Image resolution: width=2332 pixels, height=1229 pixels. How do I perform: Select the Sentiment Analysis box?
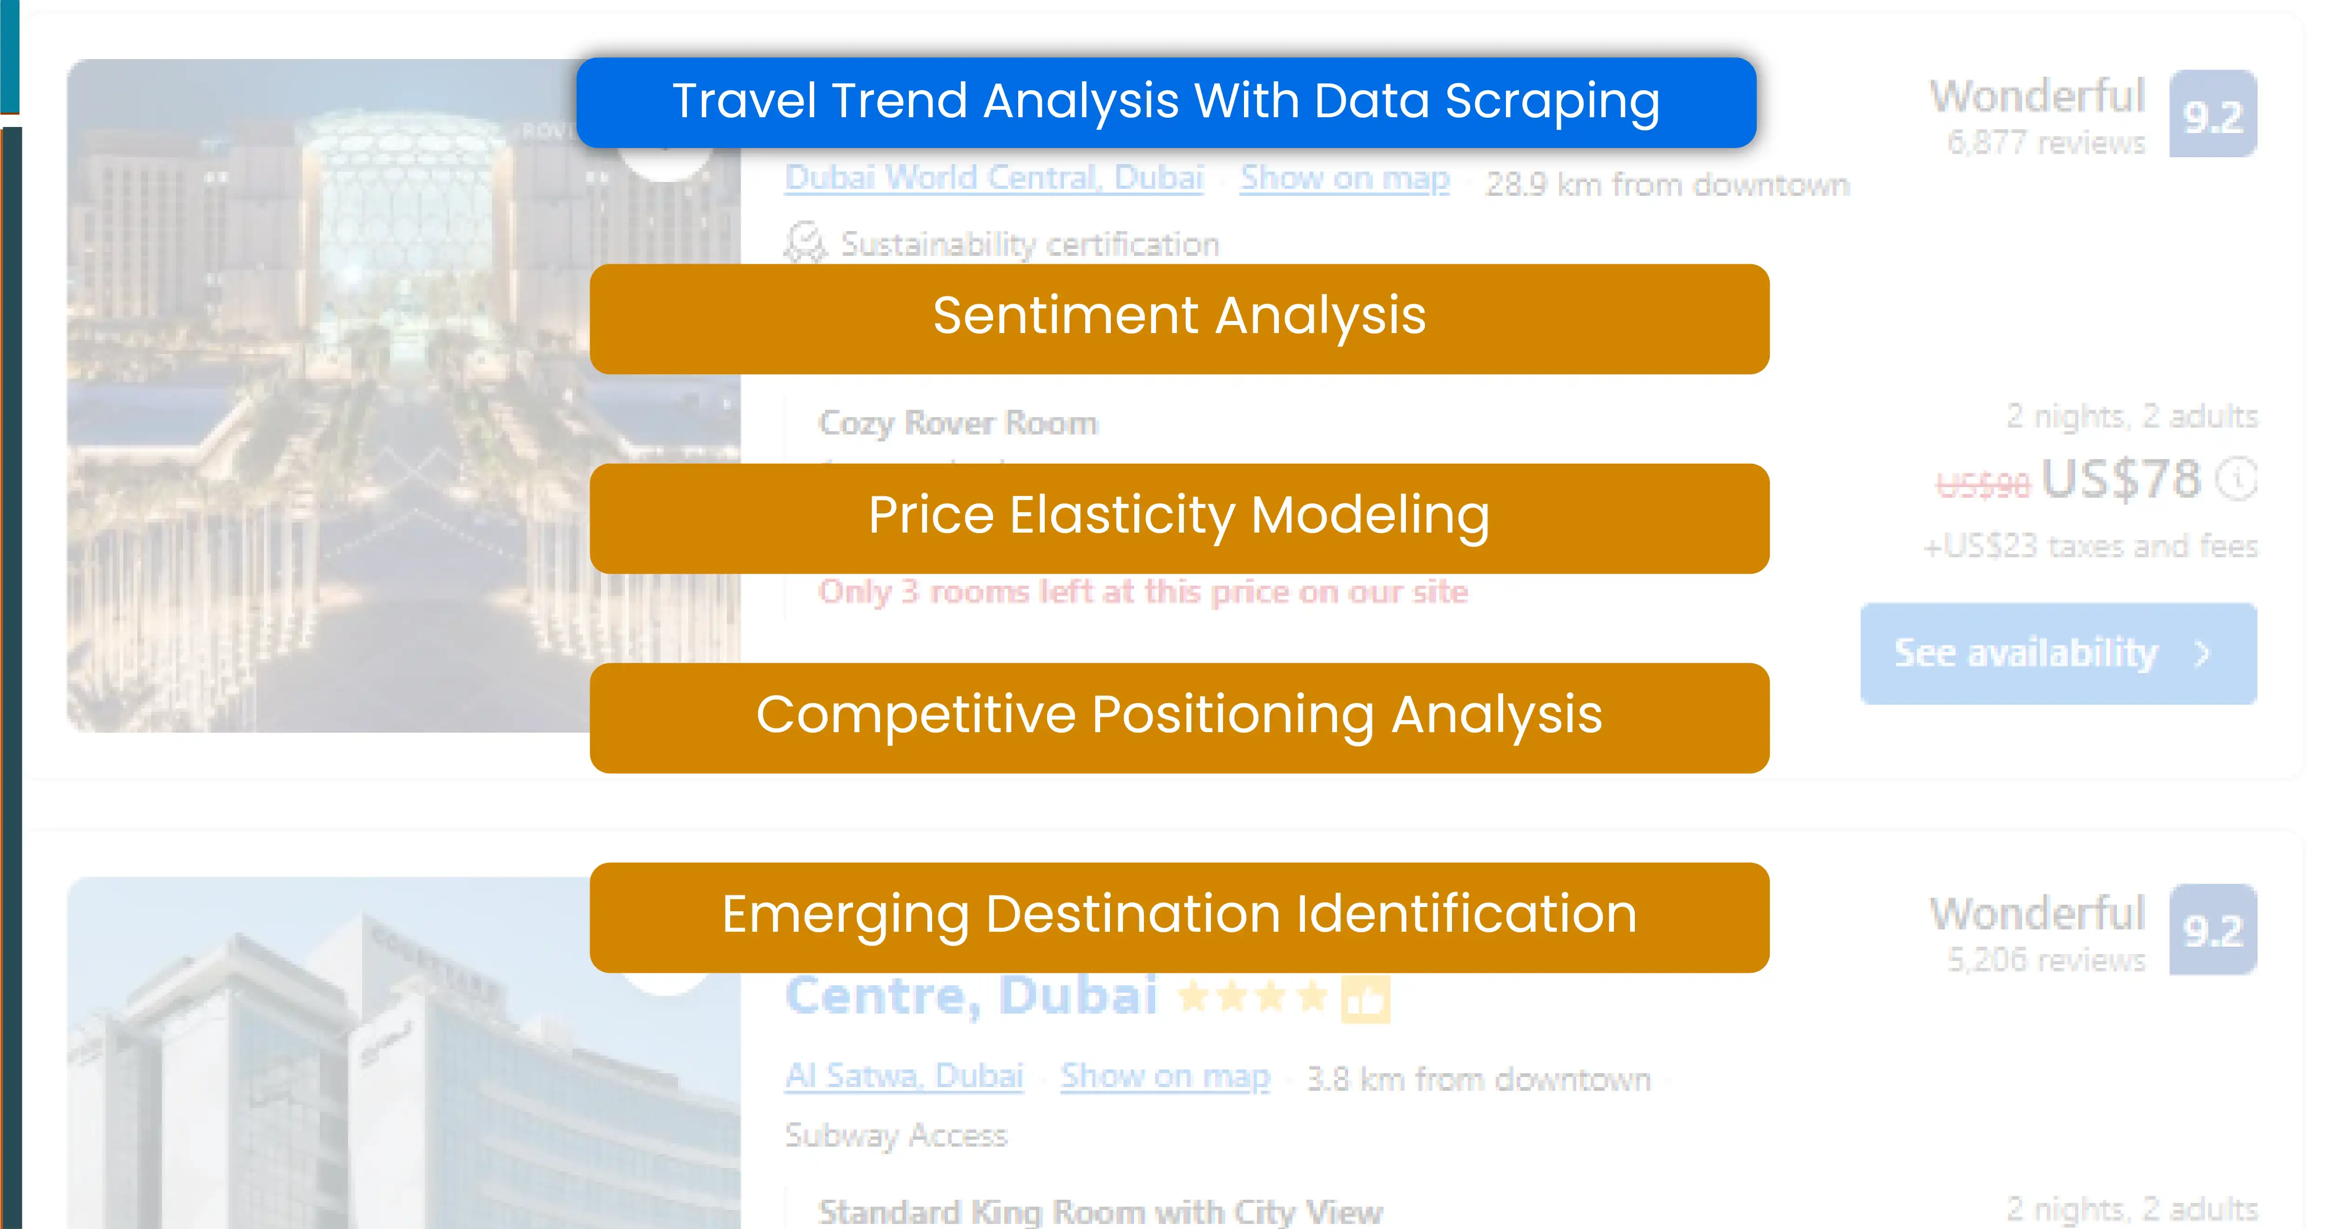pyautogui.click(x=1179, y=319)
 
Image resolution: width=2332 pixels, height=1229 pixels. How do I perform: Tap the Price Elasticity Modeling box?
pyautogui.click(x=1179, y=518)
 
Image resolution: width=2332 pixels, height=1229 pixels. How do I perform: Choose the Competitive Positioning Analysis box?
pyautogui.click(x=1179, y=717)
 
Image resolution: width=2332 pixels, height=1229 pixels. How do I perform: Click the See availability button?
pyautogui.click(x=2057, y=654)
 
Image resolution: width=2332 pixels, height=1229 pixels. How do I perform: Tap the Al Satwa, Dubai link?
pyautogui.click(x=903, y=1076)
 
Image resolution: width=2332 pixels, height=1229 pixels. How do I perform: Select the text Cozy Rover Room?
pyautogui.click(x=958, y=423)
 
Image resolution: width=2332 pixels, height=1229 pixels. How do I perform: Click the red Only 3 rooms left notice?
pyautogui.click(x=1142, y=592)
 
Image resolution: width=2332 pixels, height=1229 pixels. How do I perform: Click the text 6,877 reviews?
pyautogui.click(x=2046, y=143)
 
